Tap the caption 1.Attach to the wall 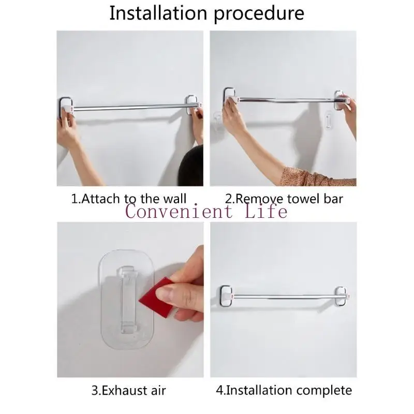(128, 198)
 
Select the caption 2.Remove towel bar (284, 198)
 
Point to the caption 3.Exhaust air (129, 390)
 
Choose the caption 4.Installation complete (284, 390)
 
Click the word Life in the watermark (264, 211)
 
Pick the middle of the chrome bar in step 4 (283, 296)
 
